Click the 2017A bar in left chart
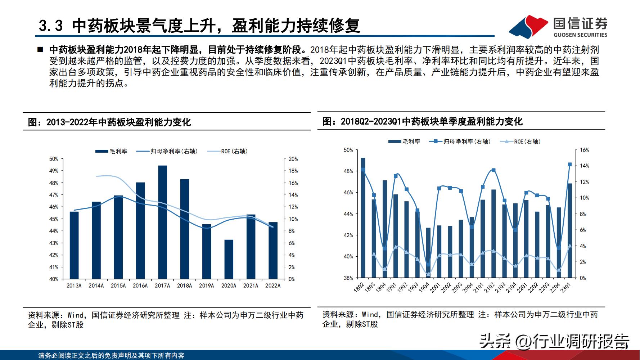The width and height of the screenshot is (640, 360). (x=162, y=222)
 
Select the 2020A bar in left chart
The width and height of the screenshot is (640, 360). (x=229, y=259)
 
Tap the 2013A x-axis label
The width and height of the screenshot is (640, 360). (x=74, y=286)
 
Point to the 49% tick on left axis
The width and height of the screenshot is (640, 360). (x=54, y=171)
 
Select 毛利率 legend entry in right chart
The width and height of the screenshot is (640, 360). (x=405, y=142)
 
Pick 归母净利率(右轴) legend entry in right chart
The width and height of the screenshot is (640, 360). (x=460, y=142)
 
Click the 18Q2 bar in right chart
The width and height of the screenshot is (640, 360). (x=363, y=218)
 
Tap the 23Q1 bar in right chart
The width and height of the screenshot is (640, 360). (x=570, y=230)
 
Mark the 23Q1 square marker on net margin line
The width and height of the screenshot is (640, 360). (x=570, y=165)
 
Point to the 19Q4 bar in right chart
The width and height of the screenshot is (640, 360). (x=428, y=253)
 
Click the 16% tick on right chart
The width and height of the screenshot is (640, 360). (x=584, y=150)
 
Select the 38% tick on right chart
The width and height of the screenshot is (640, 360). (x=348, y=278)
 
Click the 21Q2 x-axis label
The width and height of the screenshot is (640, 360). (x=491, y=288)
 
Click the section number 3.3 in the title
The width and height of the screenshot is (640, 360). (x=51, y=26)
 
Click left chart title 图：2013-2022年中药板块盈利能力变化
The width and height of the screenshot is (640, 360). (x=109, y=122)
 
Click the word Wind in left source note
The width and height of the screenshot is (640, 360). (x=76, y=316)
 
